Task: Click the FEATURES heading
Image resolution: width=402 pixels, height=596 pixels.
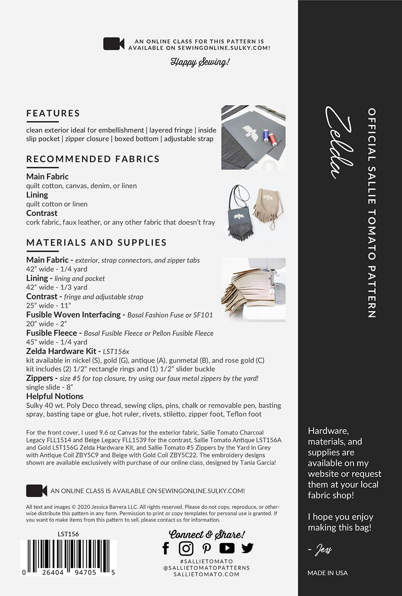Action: click(x=53, y=113)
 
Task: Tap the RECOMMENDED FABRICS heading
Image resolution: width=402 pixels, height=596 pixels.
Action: click(x=93, y=159)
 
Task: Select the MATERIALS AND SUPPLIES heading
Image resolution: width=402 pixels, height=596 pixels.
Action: click(x=97, y=243)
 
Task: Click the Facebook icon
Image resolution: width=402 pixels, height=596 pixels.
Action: click(x=166, y=548)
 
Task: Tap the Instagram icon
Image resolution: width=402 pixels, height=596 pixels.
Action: click(x=186, y=548)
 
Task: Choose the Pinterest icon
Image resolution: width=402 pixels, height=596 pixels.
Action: click(x=206, y=548)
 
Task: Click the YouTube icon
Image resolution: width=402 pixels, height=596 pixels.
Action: click(x=227, y=548)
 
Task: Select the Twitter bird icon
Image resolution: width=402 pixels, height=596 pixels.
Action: click(x=247, y=548)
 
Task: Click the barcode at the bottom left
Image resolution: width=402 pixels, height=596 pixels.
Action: click(x=68, y=557)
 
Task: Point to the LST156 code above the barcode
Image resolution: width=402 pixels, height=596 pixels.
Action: click(x=68, y=534)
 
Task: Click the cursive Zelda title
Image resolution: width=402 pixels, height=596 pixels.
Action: click(x=339, y=142)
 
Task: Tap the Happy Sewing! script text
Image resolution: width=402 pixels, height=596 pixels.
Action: click(x=200, y=62)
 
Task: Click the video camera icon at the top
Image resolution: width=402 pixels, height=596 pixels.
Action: click(x=114, y=44)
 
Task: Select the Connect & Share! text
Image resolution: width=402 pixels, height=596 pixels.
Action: click(x=207, y=534)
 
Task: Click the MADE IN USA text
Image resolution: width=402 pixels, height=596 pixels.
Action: click(x=327, y=573)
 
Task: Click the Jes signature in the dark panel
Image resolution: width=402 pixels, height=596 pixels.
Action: click(x=323, y=549)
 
